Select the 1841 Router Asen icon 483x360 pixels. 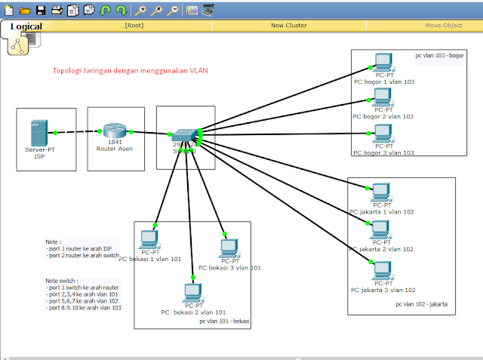click(x=115, y=132)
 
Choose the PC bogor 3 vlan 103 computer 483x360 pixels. click(x=383, y=134)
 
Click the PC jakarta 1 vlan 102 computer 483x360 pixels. click(x=382, y=190)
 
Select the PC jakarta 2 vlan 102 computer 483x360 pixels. click(x=382, y=230)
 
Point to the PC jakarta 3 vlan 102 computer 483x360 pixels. click(x=383, y=270)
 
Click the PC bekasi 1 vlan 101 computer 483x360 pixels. click(x=148, y=239)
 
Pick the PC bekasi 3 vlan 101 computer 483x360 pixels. click(x=229, y=248)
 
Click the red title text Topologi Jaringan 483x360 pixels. click(x=130, y=71)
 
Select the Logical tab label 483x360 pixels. click(x=26, y=26)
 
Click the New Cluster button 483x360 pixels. click(x=288, y=25)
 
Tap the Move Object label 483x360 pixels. click(x=443, y=25)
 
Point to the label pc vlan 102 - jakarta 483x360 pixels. click(x=421, y=304)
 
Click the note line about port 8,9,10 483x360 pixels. click(x=83, y=308)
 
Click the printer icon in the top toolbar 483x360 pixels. click(x=57, y=10)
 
